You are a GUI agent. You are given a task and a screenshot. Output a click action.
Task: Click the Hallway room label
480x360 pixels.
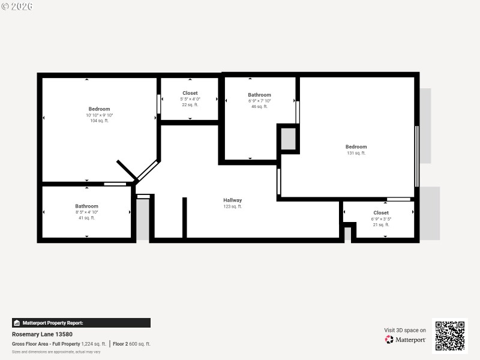[x=233, y=200]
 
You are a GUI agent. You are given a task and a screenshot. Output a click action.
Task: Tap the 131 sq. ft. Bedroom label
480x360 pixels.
[x=356, y=146]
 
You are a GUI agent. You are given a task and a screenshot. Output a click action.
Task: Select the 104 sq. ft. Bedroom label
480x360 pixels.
[x=100, y=109]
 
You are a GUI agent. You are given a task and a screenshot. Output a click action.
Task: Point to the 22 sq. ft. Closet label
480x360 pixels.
[x=190, y=93]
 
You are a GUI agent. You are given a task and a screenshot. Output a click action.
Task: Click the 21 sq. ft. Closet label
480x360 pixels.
[x=381, y=212]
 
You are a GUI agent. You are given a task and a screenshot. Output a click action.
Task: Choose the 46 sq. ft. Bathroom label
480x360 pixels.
[x=259, y=95]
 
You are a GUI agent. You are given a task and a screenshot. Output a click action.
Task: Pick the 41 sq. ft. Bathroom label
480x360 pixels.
[x=86, y=206]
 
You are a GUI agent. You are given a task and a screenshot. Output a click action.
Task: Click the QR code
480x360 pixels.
[x=449, y=336]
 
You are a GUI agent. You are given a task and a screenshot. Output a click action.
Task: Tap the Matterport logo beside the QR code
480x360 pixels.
[x=406, y=340]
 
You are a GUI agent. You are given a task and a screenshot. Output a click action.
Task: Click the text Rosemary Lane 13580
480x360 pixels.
[x=42, y=334]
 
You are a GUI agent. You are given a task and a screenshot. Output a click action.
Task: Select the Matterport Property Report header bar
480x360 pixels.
[x=81, y=323]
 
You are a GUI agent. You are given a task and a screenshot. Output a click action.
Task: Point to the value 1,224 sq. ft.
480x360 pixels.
[x=94, y=344]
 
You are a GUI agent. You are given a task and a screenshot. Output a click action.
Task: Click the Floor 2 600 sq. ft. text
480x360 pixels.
[x=131, y=344]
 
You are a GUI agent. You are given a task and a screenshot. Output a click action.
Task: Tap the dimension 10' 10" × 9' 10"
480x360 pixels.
[x=100, y=115]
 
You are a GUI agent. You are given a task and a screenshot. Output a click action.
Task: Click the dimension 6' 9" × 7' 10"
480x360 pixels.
[x=259, y=101]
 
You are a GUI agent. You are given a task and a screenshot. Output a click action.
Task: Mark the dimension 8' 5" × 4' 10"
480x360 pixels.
[x=86, y=212]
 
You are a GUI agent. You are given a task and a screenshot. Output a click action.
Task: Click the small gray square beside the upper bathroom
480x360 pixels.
[x=288, y=139]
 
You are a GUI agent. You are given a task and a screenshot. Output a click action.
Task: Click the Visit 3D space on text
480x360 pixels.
[x=405, y=330]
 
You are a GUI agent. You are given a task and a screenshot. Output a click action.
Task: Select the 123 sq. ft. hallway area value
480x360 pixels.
[x=233, y=206]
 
